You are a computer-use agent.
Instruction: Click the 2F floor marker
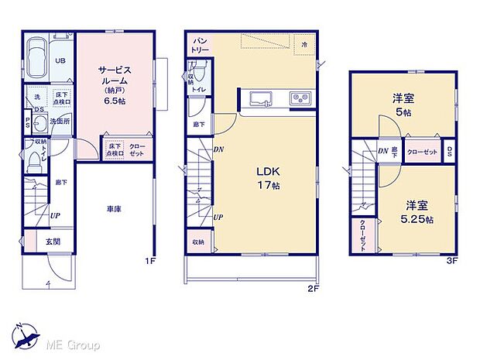313,288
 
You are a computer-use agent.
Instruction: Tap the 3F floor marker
452,261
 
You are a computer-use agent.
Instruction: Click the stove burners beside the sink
300,98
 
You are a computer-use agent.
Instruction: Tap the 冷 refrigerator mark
305,45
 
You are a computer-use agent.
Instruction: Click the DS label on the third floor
449,152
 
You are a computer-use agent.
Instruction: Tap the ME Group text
72,344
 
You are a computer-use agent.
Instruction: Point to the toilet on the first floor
34,161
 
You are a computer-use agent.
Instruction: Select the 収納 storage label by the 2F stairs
198,242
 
